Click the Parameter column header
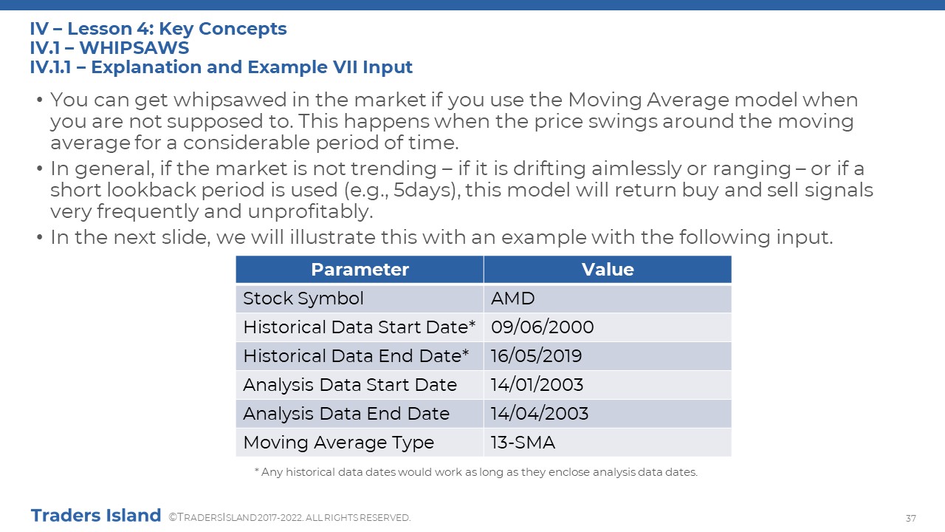pos(360,270)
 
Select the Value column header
pos(608,270)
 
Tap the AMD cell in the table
pos(512,299)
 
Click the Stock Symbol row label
pos(303,299)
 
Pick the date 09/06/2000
pos(542,327)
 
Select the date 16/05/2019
pos(536,356)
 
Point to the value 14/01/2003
pos(537,385)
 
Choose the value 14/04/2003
pos(539,413)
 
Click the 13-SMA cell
pos(523,443)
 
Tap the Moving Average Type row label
pos(338,443)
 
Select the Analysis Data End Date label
pos(346,413)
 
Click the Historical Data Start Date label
pos(359,327)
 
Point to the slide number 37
pos(911,518)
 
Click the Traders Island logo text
pos(96,516)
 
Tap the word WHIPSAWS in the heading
pos(134,48)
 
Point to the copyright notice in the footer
pos(289,518)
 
